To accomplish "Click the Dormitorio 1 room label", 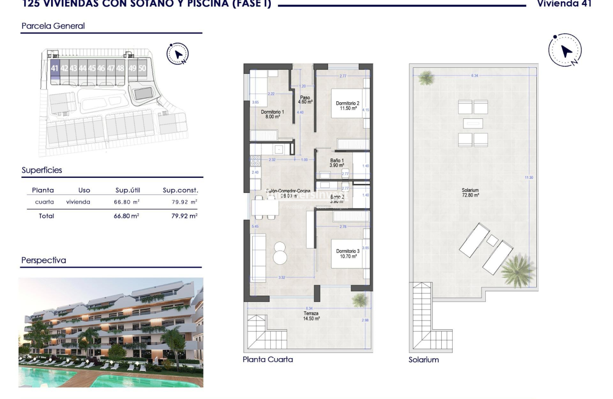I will click(272, 114).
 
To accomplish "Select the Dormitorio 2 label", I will click(348, 106).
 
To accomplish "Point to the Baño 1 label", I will click(337, 163).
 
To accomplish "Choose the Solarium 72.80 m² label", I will click(470, 193).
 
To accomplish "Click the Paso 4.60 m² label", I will click(305, 99).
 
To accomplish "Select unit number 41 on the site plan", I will click(55, 68).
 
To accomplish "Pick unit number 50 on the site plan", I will click(142, 68).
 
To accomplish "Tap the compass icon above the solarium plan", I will click(565, 51).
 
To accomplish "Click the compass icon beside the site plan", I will click(177, 53).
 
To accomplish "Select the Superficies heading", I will click(42, 170).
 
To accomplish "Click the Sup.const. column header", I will click(180, 190).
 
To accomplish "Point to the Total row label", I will click(46, 216).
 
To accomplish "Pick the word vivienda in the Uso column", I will click(78, 202).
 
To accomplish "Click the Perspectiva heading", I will click(44, 261).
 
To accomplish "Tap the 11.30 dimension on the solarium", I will click(529, 177).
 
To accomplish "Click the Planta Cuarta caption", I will click(267, 360).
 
